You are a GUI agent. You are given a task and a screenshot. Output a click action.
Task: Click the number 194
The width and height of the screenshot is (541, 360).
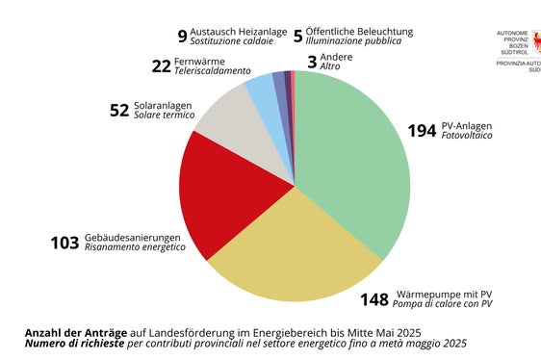click(x=421, y=131)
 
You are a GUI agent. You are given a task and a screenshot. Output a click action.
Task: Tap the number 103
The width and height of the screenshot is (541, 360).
click(x=64, y=243)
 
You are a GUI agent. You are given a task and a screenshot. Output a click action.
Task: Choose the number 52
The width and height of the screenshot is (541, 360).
click(x=119, y=111)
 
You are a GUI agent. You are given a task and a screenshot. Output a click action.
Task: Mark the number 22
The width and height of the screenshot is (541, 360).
click(x=161, y=66)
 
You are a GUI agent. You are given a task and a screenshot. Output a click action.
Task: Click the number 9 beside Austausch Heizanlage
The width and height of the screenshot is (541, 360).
click(x=182, y=37)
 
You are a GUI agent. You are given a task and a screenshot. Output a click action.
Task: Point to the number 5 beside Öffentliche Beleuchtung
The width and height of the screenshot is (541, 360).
click(x=297, y=37)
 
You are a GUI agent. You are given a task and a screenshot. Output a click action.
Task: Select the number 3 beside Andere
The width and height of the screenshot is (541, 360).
click(x=311, y=63)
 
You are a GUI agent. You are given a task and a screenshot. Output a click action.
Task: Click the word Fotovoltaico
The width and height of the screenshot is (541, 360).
click(x=467, y=137)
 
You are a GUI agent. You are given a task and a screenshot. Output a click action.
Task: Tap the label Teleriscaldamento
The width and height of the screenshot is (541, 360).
click(x=212, y=72)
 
